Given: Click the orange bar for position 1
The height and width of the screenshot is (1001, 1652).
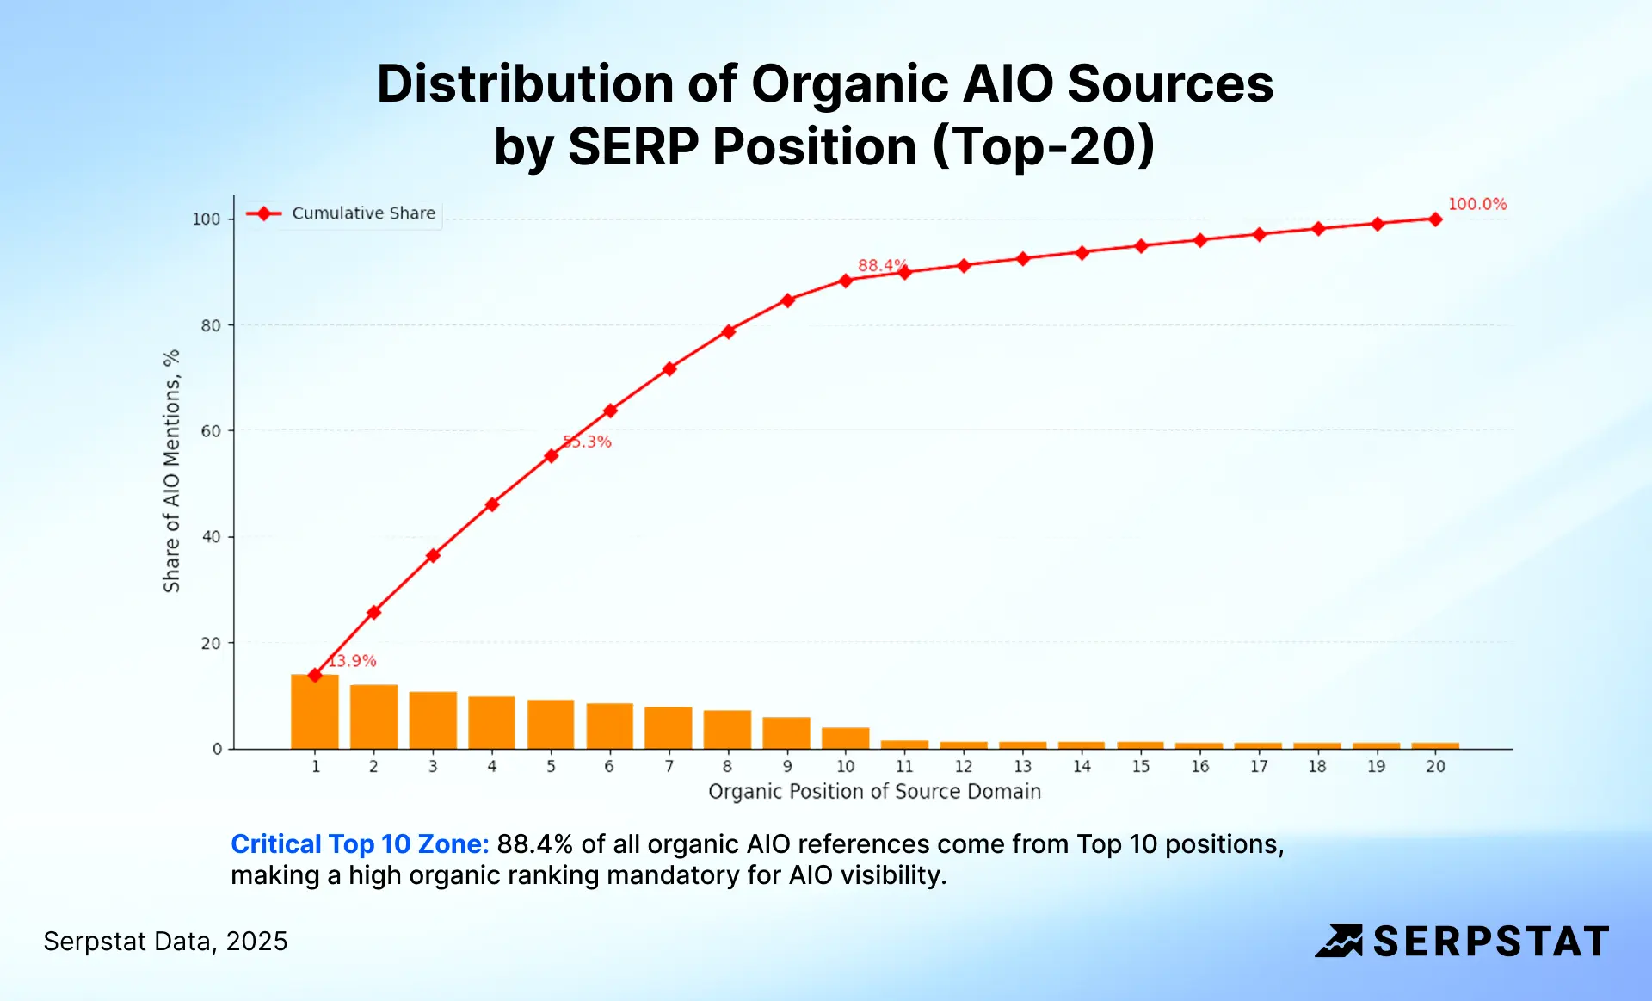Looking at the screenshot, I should pos(315,713).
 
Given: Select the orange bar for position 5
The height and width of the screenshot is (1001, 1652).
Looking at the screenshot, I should pos(551,725).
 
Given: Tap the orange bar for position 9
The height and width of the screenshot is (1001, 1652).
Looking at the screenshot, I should pos(786,733).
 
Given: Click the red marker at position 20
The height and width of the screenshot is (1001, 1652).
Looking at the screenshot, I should pos(1435,219).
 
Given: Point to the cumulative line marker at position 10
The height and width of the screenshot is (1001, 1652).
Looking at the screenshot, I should pos(846,281).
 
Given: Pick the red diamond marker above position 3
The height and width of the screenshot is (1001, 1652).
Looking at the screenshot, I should pos(433,556).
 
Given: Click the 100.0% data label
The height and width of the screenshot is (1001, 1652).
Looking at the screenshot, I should pos(1476,204).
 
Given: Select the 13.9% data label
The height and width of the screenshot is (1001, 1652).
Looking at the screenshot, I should pos(353,661).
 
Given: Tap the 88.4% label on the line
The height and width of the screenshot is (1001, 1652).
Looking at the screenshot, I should pos(881,265).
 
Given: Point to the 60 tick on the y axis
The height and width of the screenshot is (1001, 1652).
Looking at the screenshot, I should pos(211,431).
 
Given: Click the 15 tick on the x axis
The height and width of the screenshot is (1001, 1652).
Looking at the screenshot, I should pos(1141,766).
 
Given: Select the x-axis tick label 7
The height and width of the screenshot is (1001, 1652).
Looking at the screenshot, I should pos(669,766).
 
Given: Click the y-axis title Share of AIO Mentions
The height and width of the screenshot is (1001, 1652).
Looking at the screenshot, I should pos(171,471).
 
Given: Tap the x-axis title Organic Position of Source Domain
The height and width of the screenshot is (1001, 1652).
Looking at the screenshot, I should pos(874,791).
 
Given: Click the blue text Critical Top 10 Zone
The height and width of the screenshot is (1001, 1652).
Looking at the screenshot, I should pos(360,843).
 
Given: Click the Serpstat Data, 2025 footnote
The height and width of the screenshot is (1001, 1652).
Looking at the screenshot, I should pos(165,942).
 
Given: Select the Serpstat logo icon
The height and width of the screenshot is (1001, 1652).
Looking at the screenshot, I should pos(1339,941).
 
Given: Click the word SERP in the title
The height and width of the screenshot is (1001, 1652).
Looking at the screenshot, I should pos(632,146).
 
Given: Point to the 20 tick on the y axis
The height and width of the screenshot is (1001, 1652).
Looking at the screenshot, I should pos(211,643).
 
